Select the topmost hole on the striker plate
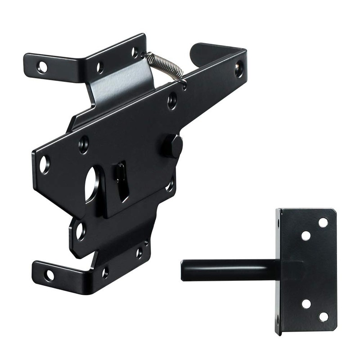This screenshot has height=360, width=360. point(323,222)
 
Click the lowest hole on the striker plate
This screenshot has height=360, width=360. point(323,316)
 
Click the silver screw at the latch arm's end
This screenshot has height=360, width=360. point(239,68)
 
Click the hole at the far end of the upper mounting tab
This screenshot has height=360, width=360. point(42,67)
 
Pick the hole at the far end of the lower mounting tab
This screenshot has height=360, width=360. point(49,275)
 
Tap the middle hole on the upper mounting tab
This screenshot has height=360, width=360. point(100,67)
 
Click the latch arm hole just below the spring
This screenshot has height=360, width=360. point(172,100)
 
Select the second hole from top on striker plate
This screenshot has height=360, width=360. point(306,235)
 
